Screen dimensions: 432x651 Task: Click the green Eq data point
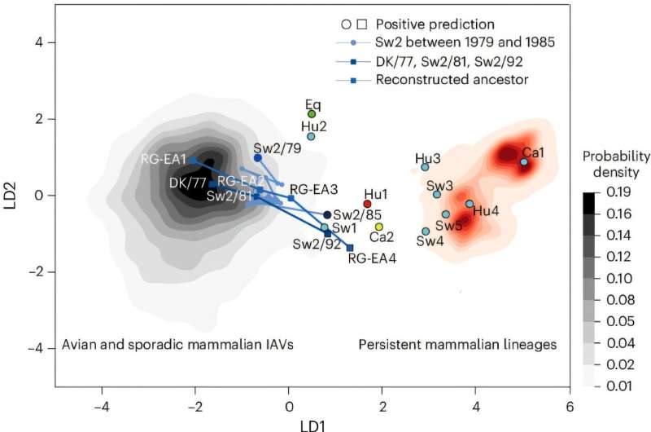pos(312,114)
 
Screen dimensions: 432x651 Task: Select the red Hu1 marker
pos(367,204)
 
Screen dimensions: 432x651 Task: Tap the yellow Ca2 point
pos(379,227)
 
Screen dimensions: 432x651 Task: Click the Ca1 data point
pos(524,162)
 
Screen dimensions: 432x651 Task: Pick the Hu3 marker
pos(425,167)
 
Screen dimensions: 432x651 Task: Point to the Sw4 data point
pos(426,231)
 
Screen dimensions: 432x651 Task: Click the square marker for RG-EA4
pos(350,248)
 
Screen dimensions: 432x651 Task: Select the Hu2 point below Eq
pos(311,136)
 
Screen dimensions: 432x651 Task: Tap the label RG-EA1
pos(164,159)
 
